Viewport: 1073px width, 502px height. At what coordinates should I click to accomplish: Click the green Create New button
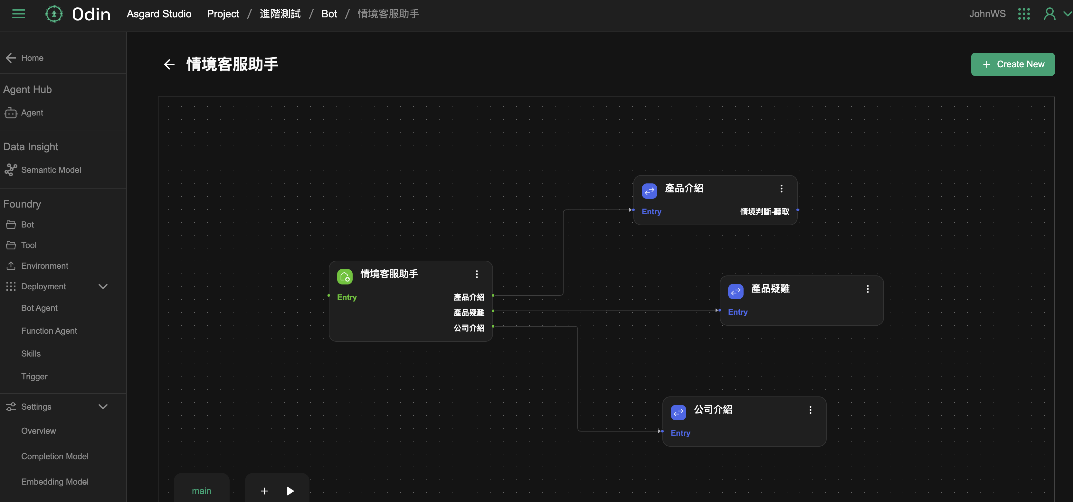click(1012, 64)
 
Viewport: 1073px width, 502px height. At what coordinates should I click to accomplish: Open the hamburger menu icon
click(18, 14)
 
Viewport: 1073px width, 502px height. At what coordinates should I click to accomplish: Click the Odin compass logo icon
click(54, 14)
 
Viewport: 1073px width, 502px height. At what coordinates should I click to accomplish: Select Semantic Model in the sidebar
click(51, 170)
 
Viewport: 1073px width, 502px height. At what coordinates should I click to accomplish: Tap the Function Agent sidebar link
click(49, 331)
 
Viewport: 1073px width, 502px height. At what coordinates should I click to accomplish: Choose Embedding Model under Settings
click(54, 482)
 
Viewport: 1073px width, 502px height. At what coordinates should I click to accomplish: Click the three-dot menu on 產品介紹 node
click(782, 189)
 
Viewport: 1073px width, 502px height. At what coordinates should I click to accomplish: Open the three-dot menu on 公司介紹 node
click(810, 410)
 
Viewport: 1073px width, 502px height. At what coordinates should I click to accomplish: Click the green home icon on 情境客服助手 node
click(345, 276)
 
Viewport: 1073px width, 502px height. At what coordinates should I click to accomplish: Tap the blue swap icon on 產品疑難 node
click(735, 291)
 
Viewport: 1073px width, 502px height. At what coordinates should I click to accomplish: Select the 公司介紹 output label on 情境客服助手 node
click(469, 328)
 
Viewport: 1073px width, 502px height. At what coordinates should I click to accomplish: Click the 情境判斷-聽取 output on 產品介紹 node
click(764, 212)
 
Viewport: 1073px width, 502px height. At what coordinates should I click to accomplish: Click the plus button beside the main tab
click(264, 491)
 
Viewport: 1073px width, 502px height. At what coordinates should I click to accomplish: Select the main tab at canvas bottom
click(202, 491)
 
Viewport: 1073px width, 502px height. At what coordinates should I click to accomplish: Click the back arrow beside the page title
click(169, 64)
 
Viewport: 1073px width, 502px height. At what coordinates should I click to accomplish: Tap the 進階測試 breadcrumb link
click(280, 14)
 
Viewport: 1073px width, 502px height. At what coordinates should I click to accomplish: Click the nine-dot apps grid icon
click(1023, 14)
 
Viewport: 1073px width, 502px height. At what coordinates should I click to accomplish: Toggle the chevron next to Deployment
click(103, 286)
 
